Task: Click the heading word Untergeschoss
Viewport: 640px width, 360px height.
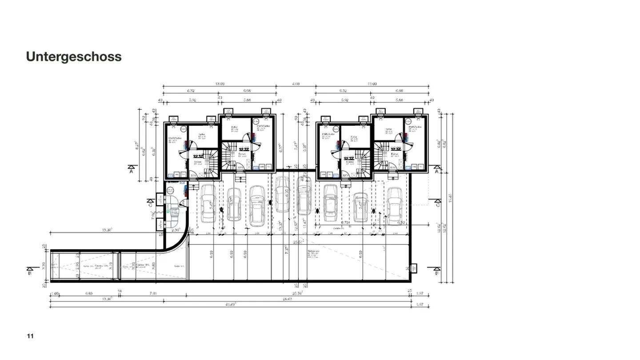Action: point(74,57)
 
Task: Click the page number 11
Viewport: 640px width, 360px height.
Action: point(30,336)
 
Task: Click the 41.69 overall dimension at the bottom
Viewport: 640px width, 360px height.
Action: point(229,304)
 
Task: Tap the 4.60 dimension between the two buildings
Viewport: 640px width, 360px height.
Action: point(296,84)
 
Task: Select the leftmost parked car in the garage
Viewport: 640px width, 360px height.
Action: point(208,203)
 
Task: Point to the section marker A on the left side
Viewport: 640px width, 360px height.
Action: point(131,169)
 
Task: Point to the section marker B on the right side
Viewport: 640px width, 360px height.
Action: point(437,270)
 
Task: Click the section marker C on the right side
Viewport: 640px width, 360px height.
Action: point(438,204)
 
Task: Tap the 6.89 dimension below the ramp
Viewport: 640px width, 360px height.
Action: point(89,293)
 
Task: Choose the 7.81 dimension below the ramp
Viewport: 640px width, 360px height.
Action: point(153,293)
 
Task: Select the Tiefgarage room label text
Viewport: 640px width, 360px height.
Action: point(313,251)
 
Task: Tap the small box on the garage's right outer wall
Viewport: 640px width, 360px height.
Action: point(413,268)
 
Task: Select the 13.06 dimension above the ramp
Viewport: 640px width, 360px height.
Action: point(107,230)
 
